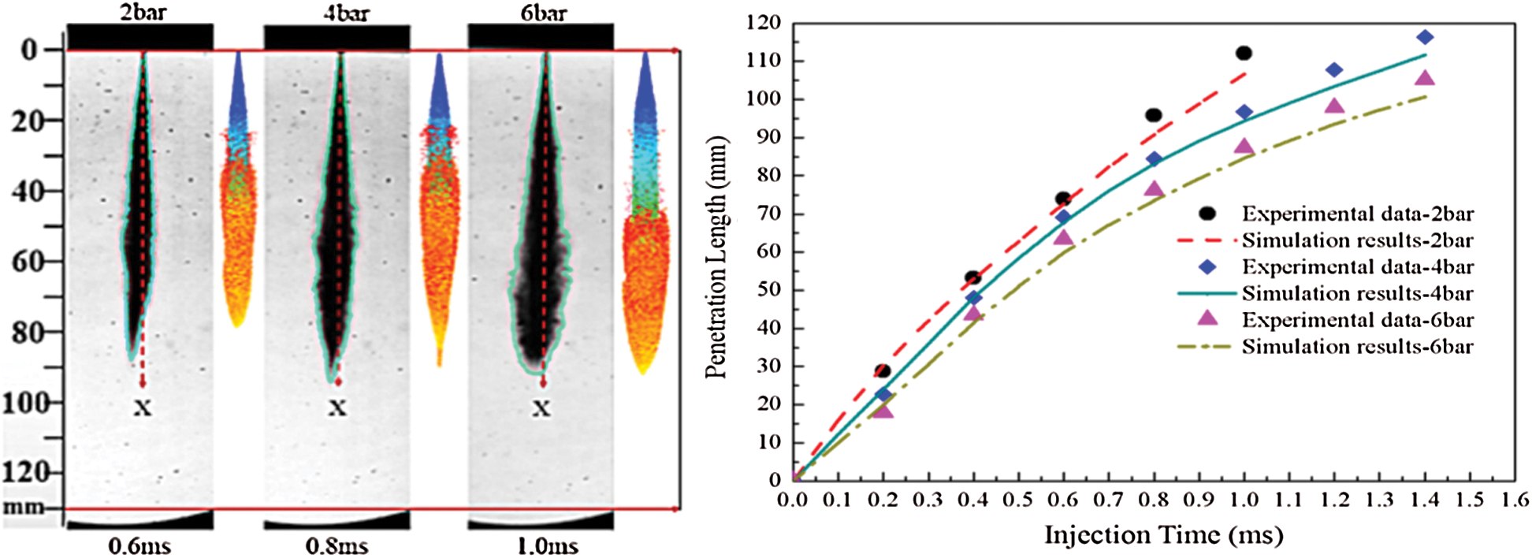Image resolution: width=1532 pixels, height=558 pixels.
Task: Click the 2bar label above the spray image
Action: pyautogui.click(x=143, y=12)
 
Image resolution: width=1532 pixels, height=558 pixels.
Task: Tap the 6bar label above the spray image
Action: pyautogui.click(x=544, y=12)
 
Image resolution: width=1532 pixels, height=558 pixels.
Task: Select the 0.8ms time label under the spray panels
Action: pyautogui.click(x=337, y=545)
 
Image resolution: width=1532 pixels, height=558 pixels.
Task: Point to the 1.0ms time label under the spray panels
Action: pyautogui.click(x=547, y=545)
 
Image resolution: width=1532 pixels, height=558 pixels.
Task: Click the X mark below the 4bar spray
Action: pyautogui.click(x=337, y=407)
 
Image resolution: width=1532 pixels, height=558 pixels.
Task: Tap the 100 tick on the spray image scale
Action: pyautogui.click(x=26, y=403)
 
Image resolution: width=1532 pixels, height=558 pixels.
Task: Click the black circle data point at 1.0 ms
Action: pyautogui.click(x=1244, y=54)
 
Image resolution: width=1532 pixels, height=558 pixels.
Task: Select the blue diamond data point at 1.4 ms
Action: pyautogui.click(x=1424, y=37)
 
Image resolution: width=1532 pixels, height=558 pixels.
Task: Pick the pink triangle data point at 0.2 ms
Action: pyautogui.click(x=883, y=410)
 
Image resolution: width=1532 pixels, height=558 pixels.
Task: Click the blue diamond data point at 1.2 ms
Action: pyautogui.click(x=1334, y=70)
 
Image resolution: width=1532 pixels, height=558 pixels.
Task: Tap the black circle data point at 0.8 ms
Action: pyautogui.click(x=1154, y=115)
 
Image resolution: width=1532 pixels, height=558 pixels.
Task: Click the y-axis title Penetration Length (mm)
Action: pyautogui.click(x=716, y=256)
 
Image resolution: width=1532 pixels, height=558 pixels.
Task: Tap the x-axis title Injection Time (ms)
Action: pyautogui.click(x=1163, y=535)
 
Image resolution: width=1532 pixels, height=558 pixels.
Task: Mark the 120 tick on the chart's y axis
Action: pyautogui.click(x=764, y=23)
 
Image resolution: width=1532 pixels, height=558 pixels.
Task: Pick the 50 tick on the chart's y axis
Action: pyautogui.click(x=769, y=289)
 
